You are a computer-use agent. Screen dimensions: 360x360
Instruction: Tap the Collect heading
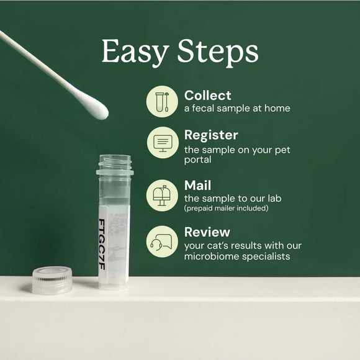pyautogui.click(x=207, y=96)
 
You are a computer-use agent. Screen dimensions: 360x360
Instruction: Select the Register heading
pyautogui.click(x=211, y=135)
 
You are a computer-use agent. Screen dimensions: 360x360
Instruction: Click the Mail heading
pyautogui.click(x=197, y=186)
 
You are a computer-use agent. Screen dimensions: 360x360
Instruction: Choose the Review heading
pyautogui.click(x=207, y=232)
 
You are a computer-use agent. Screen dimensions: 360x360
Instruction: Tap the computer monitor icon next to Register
pyautogui.click(x=162, y=142)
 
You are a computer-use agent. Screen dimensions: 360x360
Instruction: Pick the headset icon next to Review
pyautogui.click(x=162, y=241)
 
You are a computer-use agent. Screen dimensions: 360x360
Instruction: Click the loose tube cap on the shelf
pyautogui.click(x=52, y=281)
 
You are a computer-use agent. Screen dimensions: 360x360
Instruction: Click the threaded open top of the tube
pyautogui.click(x=114, y=164)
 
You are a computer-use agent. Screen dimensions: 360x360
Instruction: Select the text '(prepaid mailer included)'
pyautogui.click(x=226, y=209)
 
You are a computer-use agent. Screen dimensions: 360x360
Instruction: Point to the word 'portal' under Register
pyautogui.click(x=198, y=161)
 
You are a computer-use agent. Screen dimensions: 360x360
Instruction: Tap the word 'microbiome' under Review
pyautogui.click(x=212, y=256)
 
